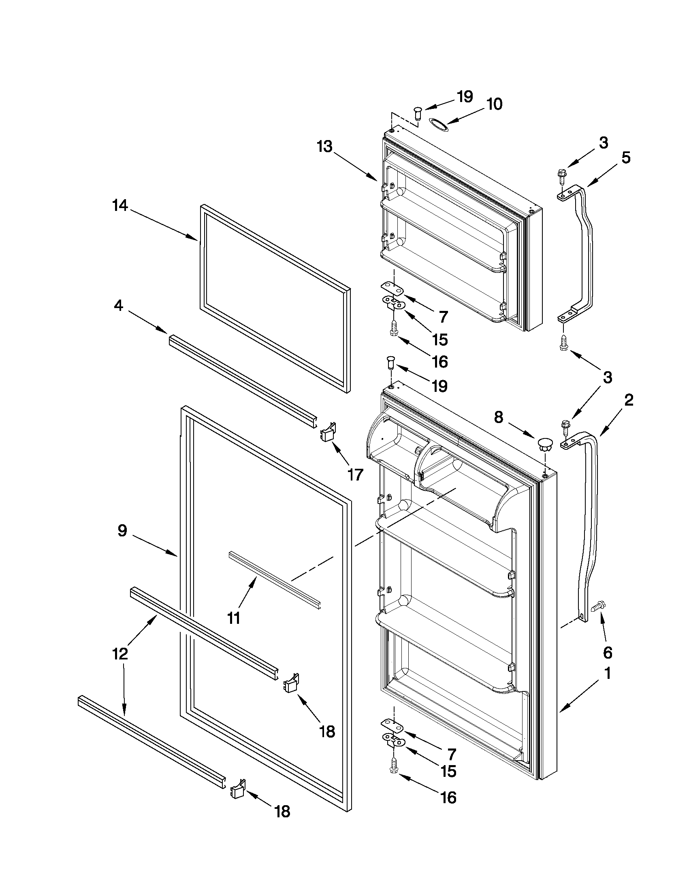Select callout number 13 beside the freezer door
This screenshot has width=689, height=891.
pyautogui.click(x=325, y=146)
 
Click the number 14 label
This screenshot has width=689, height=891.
pyautogui.click(x=120, y=206)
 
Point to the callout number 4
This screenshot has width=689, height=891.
pyautogui.click(x=118, y=305)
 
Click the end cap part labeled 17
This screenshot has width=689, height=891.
pyautogui.click(x=328, y=432)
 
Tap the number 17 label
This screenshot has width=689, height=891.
pyautogui.click(x=355, y=474)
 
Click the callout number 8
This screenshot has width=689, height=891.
pyautogui.click(x=499, y=417)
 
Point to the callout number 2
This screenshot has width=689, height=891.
pyautogui.click(x=629, y=400)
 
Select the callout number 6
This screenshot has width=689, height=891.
pyautogui.click(x=607, y=653)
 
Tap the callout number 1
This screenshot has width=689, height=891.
pyautogui.click(x=607, y=674)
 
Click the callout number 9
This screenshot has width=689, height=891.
pyautogui.click(x=122, y=531)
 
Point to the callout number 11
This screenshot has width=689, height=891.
pyautogui.click(x=233, y=619)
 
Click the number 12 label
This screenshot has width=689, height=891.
pyautogui.click(x=120, y=654)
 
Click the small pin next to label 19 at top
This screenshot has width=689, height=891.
pyautogui.click(x=418, y=112)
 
